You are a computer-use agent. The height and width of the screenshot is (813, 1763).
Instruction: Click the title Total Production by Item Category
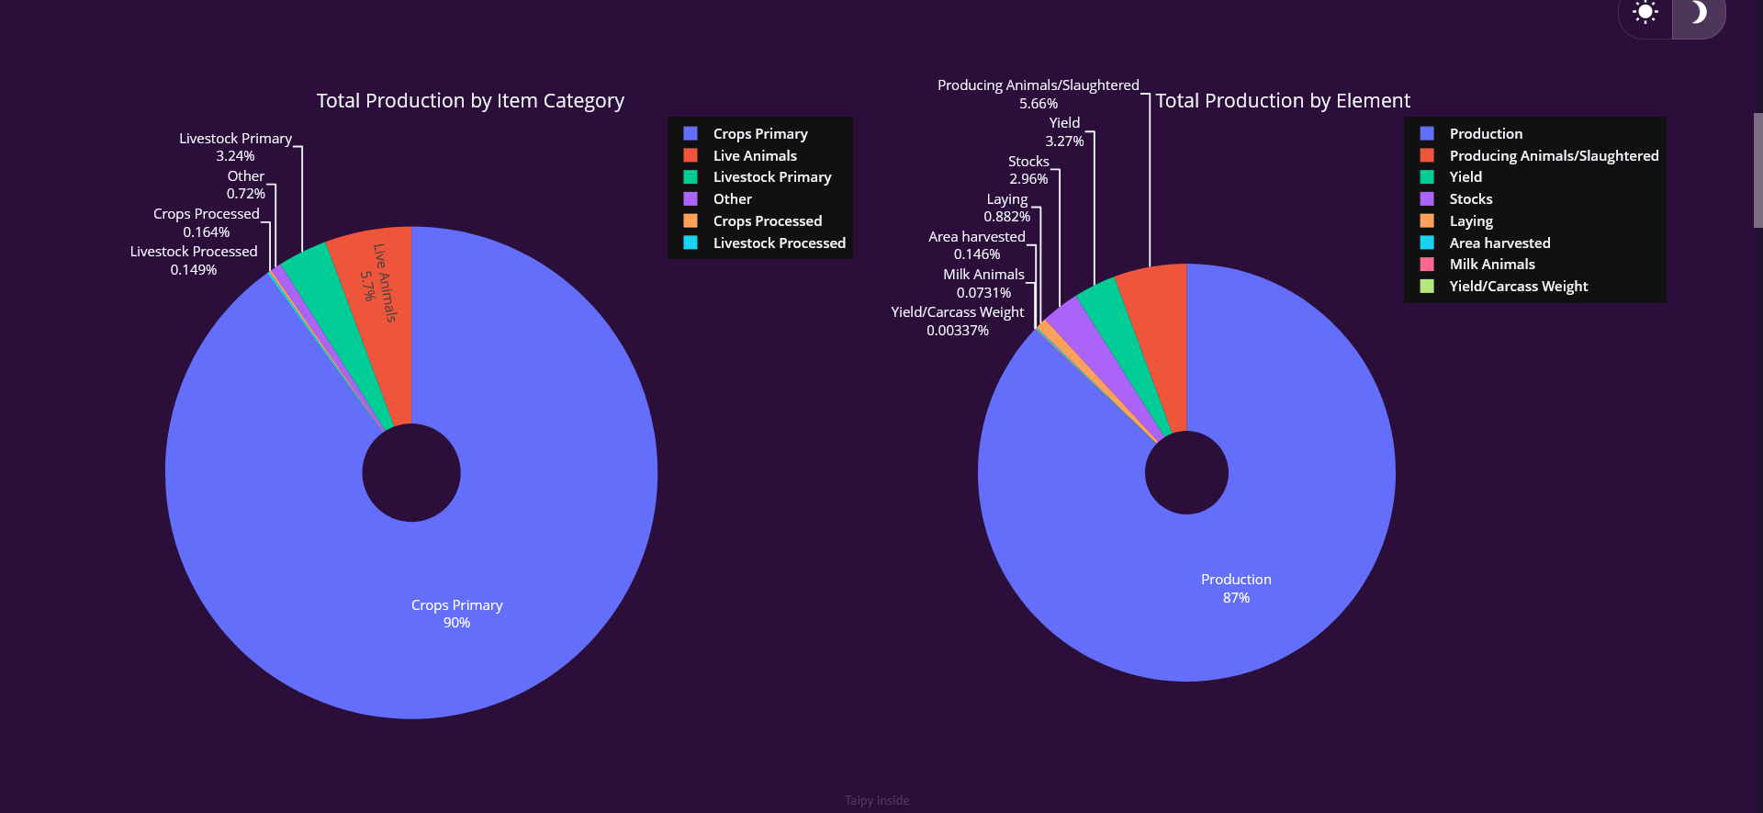(470, 101)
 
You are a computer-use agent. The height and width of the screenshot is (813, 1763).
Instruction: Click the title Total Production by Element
(1282, 101)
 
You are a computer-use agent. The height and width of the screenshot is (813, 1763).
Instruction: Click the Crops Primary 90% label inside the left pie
(456, 614)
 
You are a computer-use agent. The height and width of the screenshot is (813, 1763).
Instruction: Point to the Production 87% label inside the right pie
(1236, 588)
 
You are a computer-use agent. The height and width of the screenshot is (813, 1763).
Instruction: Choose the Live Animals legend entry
(755, 155)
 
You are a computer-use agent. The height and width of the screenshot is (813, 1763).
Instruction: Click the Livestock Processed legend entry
(779, 243)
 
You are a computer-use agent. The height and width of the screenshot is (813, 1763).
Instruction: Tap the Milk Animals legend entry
(1491, 265)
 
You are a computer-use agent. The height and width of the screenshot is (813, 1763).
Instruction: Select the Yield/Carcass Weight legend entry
(1518, 287)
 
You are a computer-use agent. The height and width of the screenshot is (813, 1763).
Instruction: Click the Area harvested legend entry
(1499, 243)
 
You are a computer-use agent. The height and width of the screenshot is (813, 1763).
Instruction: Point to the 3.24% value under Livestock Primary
(235, 156)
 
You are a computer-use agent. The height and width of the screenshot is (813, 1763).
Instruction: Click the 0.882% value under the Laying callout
(1006, 217)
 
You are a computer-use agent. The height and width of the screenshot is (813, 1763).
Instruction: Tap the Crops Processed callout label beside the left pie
(206, 214)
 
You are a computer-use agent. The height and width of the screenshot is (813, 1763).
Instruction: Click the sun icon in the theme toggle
(1645, 12)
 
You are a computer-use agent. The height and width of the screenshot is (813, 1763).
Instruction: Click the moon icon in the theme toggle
(1699, 12)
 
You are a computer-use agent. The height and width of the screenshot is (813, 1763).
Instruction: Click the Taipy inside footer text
(877, 800)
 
